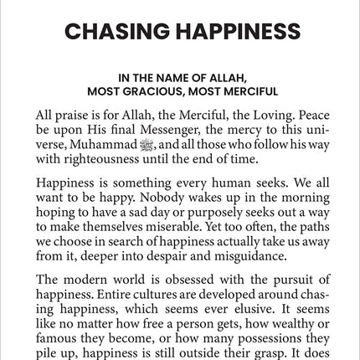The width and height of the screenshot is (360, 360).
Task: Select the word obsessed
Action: pyautogui.click(x=174, y=279)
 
